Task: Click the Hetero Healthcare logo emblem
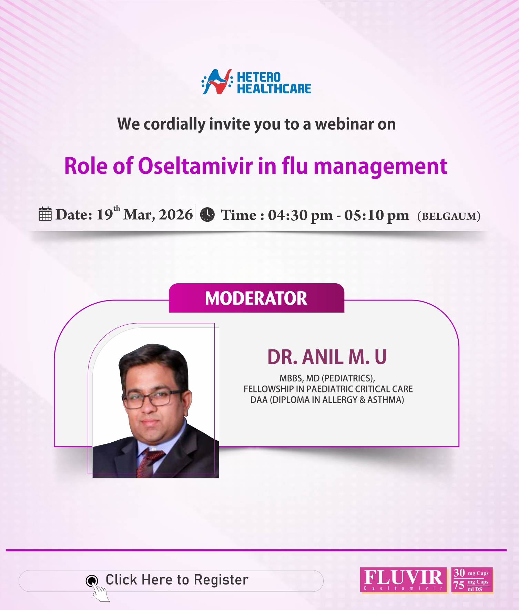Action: click(216, 82)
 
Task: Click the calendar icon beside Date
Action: click(45, 214)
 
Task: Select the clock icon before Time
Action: click(207, 214)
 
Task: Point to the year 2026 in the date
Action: click(176, 214)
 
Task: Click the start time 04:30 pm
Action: click(300, 215)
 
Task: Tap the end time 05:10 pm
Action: click(377, 215)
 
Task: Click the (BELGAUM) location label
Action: click(449, 216)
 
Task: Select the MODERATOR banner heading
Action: click(256, 298)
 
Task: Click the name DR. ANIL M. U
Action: click(327, 357)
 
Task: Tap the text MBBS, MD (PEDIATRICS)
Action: click(327, 378)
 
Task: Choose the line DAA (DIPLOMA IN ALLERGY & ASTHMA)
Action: click(327, 400)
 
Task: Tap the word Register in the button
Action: click(221, 580)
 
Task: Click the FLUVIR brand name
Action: click(403, 577)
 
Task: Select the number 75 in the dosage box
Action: click(459, 585)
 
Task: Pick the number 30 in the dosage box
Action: click(459, 573)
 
